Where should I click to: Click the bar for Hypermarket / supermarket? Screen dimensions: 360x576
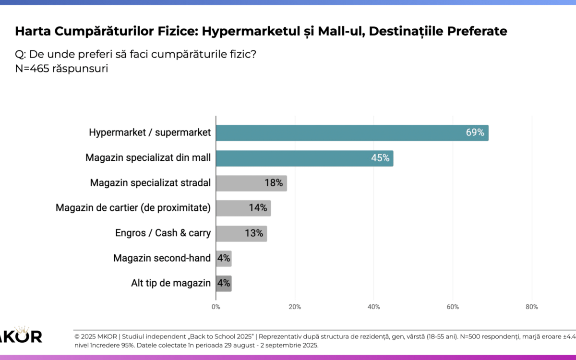(x=352, y=133)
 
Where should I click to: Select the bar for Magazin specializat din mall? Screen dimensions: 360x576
(x=304, y=158)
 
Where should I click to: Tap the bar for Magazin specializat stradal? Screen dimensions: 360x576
(x=251, y=183)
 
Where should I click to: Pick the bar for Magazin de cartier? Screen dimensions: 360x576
(x=243, y=208)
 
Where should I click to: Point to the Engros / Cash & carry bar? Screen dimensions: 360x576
(x=241, y=234)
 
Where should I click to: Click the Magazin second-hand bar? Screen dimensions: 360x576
(x=224, y=259)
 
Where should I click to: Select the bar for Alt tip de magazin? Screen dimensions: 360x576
(x=224, y=284)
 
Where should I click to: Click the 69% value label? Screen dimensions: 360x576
(x=475, y=133)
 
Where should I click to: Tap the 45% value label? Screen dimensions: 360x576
(x=380, y=158)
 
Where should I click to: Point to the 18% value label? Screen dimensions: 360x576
(x=274, y=183)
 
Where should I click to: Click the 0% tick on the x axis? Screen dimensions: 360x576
(x=216, y=307)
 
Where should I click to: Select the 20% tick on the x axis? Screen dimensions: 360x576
(x=295, y=307)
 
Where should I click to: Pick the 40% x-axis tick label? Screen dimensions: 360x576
(x=374, y=307)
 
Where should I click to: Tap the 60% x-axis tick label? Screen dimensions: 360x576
(x=453, y=307)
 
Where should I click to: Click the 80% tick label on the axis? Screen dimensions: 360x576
(x=532, y=307)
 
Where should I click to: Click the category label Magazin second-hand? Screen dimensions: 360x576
(x=162, y=258)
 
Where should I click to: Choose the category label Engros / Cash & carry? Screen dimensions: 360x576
(x=163, y=233)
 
